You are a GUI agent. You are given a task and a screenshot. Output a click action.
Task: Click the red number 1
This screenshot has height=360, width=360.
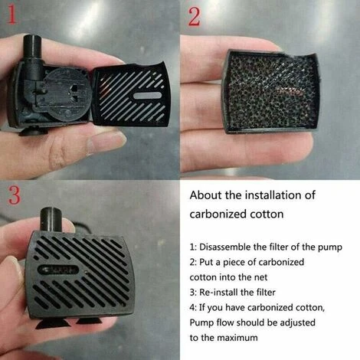pyautogui.click(x=11, y=14)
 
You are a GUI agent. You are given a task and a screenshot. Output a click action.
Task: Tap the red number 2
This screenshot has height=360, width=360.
pyautogui.click(x=194, y=16)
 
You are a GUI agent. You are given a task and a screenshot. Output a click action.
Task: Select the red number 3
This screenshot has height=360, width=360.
pyautogui.click(x=14, y=195)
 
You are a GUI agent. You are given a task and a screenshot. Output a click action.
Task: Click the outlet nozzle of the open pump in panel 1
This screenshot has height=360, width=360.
pyautogui.click(x=32, y=57)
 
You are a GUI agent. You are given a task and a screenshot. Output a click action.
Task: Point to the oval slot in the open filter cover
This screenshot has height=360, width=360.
pyautogui.click(x=148, y=96)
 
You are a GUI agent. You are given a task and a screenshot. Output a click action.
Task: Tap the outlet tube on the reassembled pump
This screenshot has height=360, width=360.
pyautogui.click(x=51, y=219)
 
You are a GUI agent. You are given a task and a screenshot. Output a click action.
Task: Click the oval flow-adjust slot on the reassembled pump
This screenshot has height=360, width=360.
pyautogui.click(x=58, y=270)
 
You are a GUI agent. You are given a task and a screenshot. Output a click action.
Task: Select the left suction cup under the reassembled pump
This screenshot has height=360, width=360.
pyautogui.click(x=53, y=324)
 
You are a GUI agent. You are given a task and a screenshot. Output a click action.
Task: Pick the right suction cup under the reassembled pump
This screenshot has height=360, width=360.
pyautogui.click(x=89, y=320)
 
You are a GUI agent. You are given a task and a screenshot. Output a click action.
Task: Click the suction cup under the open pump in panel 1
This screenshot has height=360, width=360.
pyautogui.click(x=33, y=131)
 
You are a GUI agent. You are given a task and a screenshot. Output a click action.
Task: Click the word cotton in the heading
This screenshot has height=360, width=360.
pyautogui.click(x=267, y=214)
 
